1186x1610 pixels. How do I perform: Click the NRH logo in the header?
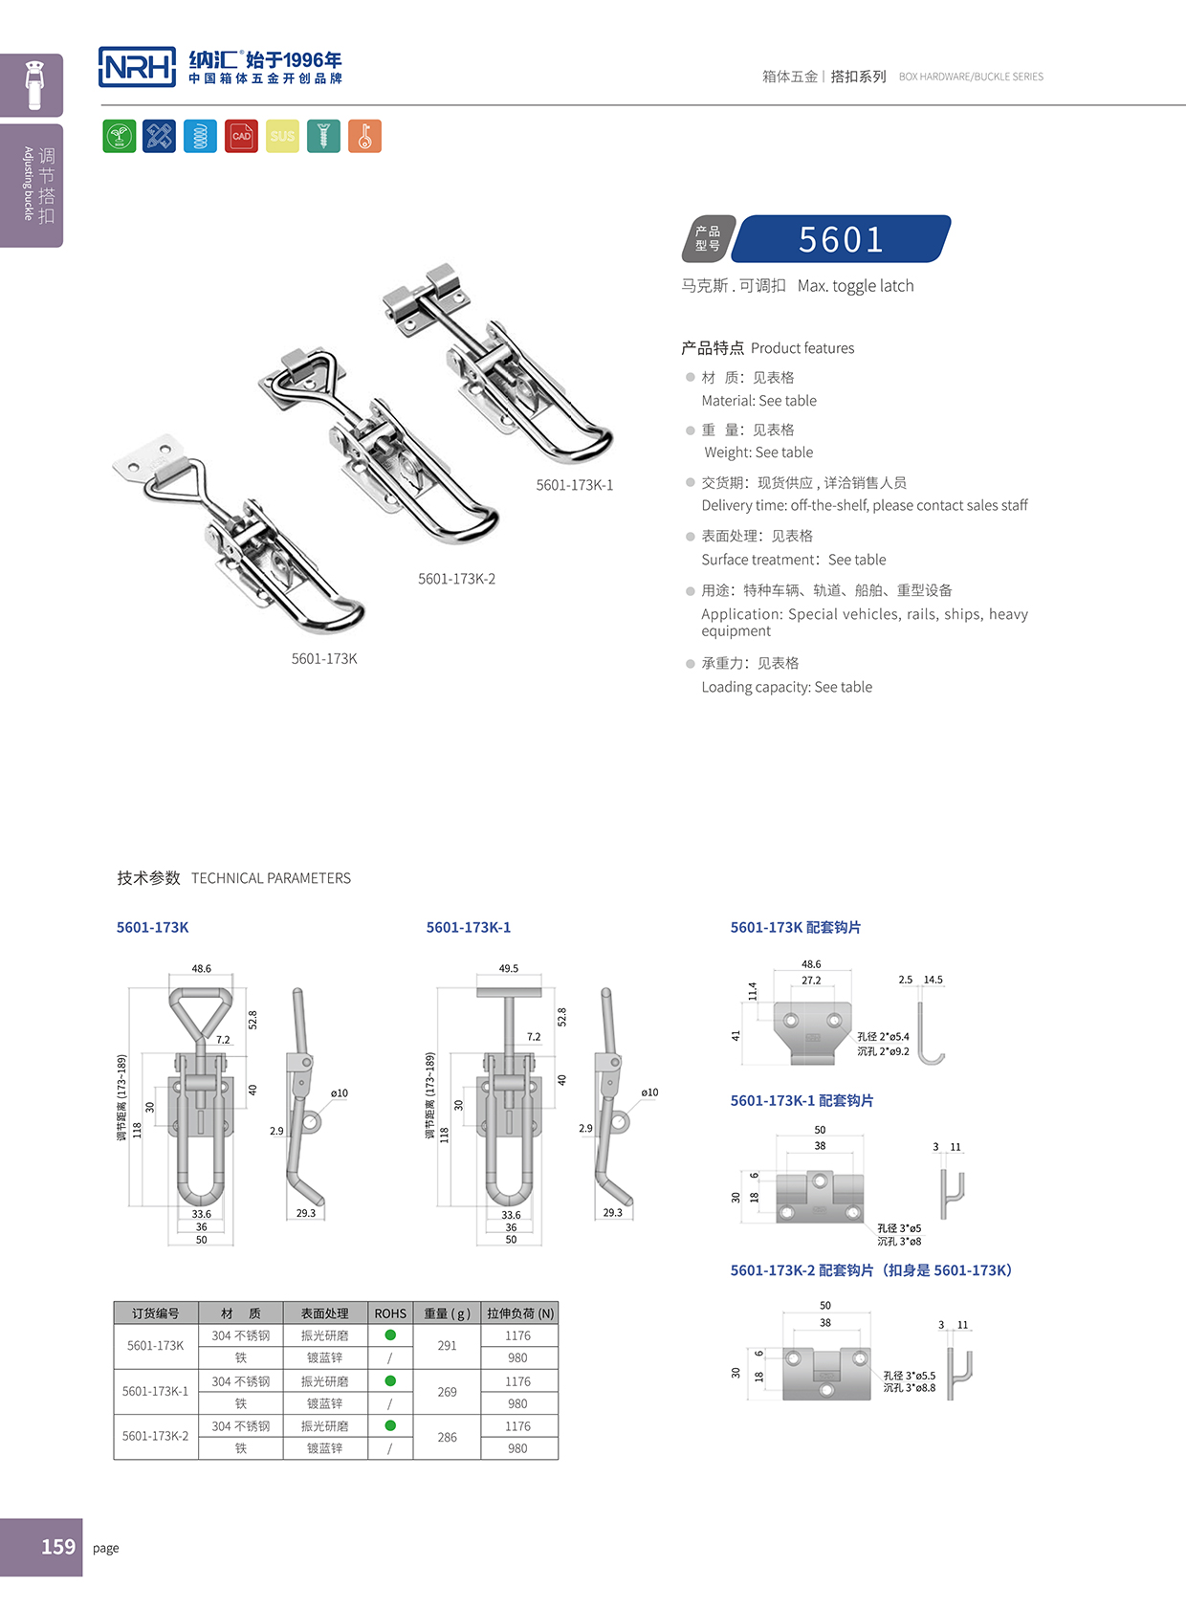pos(137,67)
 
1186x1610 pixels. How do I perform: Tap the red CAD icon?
pos(241,136)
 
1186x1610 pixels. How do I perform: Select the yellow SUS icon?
pos(282,136)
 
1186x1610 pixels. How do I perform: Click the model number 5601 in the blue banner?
pos(841,239)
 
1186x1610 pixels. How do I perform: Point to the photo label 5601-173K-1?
pos(574,485)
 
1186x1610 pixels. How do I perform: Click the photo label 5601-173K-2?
pos(456,579)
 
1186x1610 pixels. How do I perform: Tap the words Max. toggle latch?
pos(855,286)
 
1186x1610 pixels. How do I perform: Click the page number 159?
pos(57,1547)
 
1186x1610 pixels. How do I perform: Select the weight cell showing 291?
pos(447,1346)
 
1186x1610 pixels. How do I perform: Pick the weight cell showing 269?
pos(447,1392)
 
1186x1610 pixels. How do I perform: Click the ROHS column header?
pos(390,1313)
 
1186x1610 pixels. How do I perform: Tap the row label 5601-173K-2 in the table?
pos(155,1436)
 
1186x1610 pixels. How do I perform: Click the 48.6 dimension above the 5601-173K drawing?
pos(201,968)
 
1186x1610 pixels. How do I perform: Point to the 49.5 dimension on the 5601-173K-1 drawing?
pos(508,968)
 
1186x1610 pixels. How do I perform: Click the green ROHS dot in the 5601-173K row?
pos(390,1334)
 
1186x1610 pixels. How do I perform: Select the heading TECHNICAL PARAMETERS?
pos(271,878)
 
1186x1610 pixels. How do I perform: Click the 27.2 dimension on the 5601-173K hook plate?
pos(811,981)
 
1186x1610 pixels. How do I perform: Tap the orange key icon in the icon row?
pos(364,136)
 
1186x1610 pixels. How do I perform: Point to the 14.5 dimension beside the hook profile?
pos(933,980)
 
